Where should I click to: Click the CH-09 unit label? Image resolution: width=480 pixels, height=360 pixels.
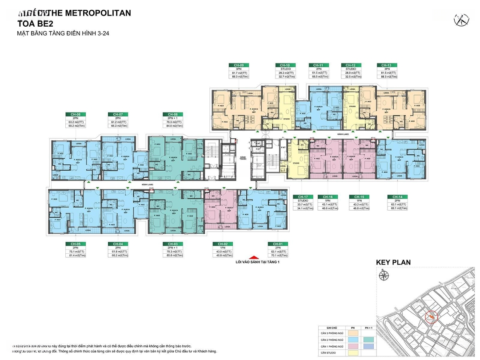tap(236, 65)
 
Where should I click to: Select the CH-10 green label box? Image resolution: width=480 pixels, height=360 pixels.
tap(283, 65)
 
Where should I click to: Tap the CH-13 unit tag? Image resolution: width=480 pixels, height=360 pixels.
tap(384, 65)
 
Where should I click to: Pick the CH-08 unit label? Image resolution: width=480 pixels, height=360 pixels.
tap(171, 114)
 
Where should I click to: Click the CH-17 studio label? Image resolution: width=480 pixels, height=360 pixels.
tap(303, 197)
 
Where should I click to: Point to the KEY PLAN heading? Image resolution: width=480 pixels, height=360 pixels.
tap(393, 263)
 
